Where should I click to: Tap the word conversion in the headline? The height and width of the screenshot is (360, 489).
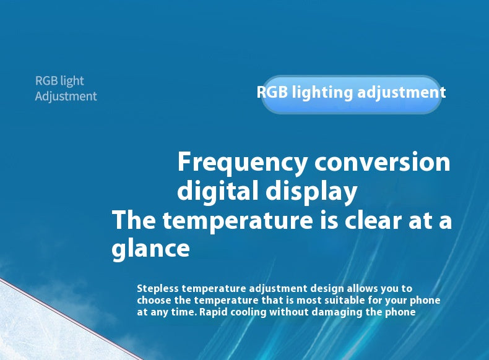point(382,162)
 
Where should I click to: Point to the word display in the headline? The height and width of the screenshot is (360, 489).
point(311,191)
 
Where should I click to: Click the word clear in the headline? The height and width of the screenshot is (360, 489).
point(373,220)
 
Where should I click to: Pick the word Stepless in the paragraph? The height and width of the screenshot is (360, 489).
point(157,289)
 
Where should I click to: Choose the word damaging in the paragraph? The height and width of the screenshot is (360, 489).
point(337,312)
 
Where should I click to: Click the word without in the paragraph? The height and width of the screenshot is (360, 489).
point(289,312)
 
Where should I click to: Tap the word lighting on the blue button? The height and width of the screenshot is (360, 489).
point(322,93)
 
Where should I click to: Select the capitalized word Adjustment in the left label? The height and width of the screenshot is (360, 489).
point(66,96)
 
